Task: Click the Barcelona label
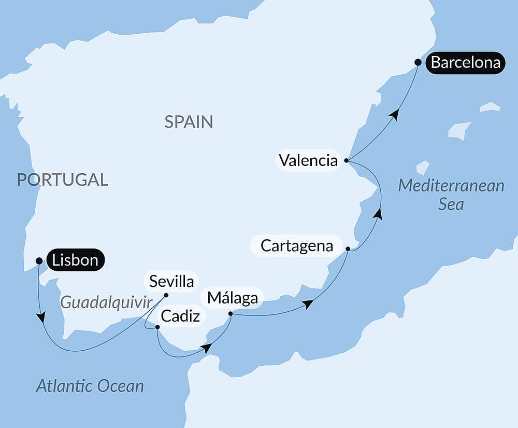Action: tap(465, 63)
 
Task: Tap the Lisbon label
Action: tap(75, 260)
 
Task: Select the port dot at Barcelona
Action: tap(418, 62)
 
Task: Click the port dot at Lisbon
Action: tap(38, 260)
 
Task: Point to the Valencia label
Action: tap(308, 160)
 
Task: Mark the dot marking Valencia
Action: tap(347, 160)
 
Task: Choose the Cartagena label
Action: tap(296, 245)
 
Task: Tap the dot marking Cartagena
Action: tap(348, 249)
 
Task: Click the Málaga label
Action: tap(232, 298)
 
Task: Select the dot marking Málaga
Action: tap(231, 313)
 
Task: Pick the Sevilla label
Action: tap(171, 281)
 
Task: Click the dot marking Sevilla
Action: tap(166, 295)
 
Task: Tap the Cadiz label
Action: tap(180, 316)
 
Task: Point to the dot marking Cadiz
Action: tap(157, 327)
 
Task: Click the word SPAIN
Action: tap(189, 122)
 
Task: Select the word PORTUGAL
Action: tap(63, 180)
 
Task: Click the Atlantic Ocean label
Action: tap(90, 385)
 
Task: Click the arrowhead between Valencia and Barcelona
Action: tap(395, 115)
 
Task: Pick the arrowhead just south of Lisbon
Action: tap(40, 317)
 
